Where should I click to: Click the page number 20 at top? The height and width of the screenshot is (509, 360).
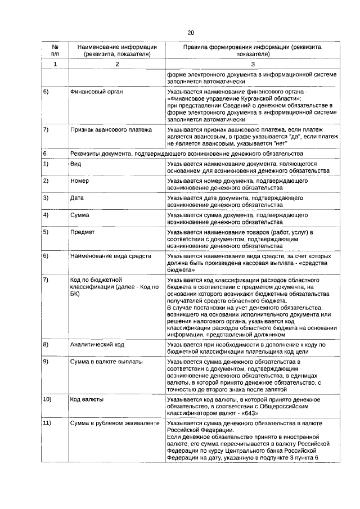click(x=191, y=33)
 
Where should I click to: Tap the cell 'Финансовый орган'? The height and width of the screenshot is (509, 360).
click(x=97, y=91)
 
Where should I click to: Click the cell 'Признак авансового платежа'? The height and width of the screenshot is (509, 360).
click(x=111, y=129)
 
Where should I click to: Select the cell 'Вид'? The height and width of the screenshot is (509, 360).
click(x=75, y=163)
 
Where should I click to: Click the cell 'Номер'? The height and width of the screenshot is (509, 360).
click(x=79, y=181)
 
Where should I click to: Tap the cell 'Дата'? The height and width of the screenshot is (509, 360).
click(x=77, y=198)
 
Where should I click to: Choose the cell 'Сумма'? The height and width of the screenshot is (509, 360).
click(x=79, y=215)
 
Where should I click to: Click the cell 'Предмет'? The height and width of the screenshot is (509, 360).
click(x=82, y=232)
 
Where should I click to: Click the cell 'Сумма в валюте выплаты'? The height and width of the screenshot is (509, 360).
click(x=106, y=361)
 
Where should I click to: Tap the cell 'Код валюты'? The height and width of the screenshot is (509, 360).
click(x=87, y=399)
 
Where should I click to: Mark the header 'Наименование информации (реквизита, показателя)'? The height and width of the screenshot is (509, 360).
click(x=117, y=51)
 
